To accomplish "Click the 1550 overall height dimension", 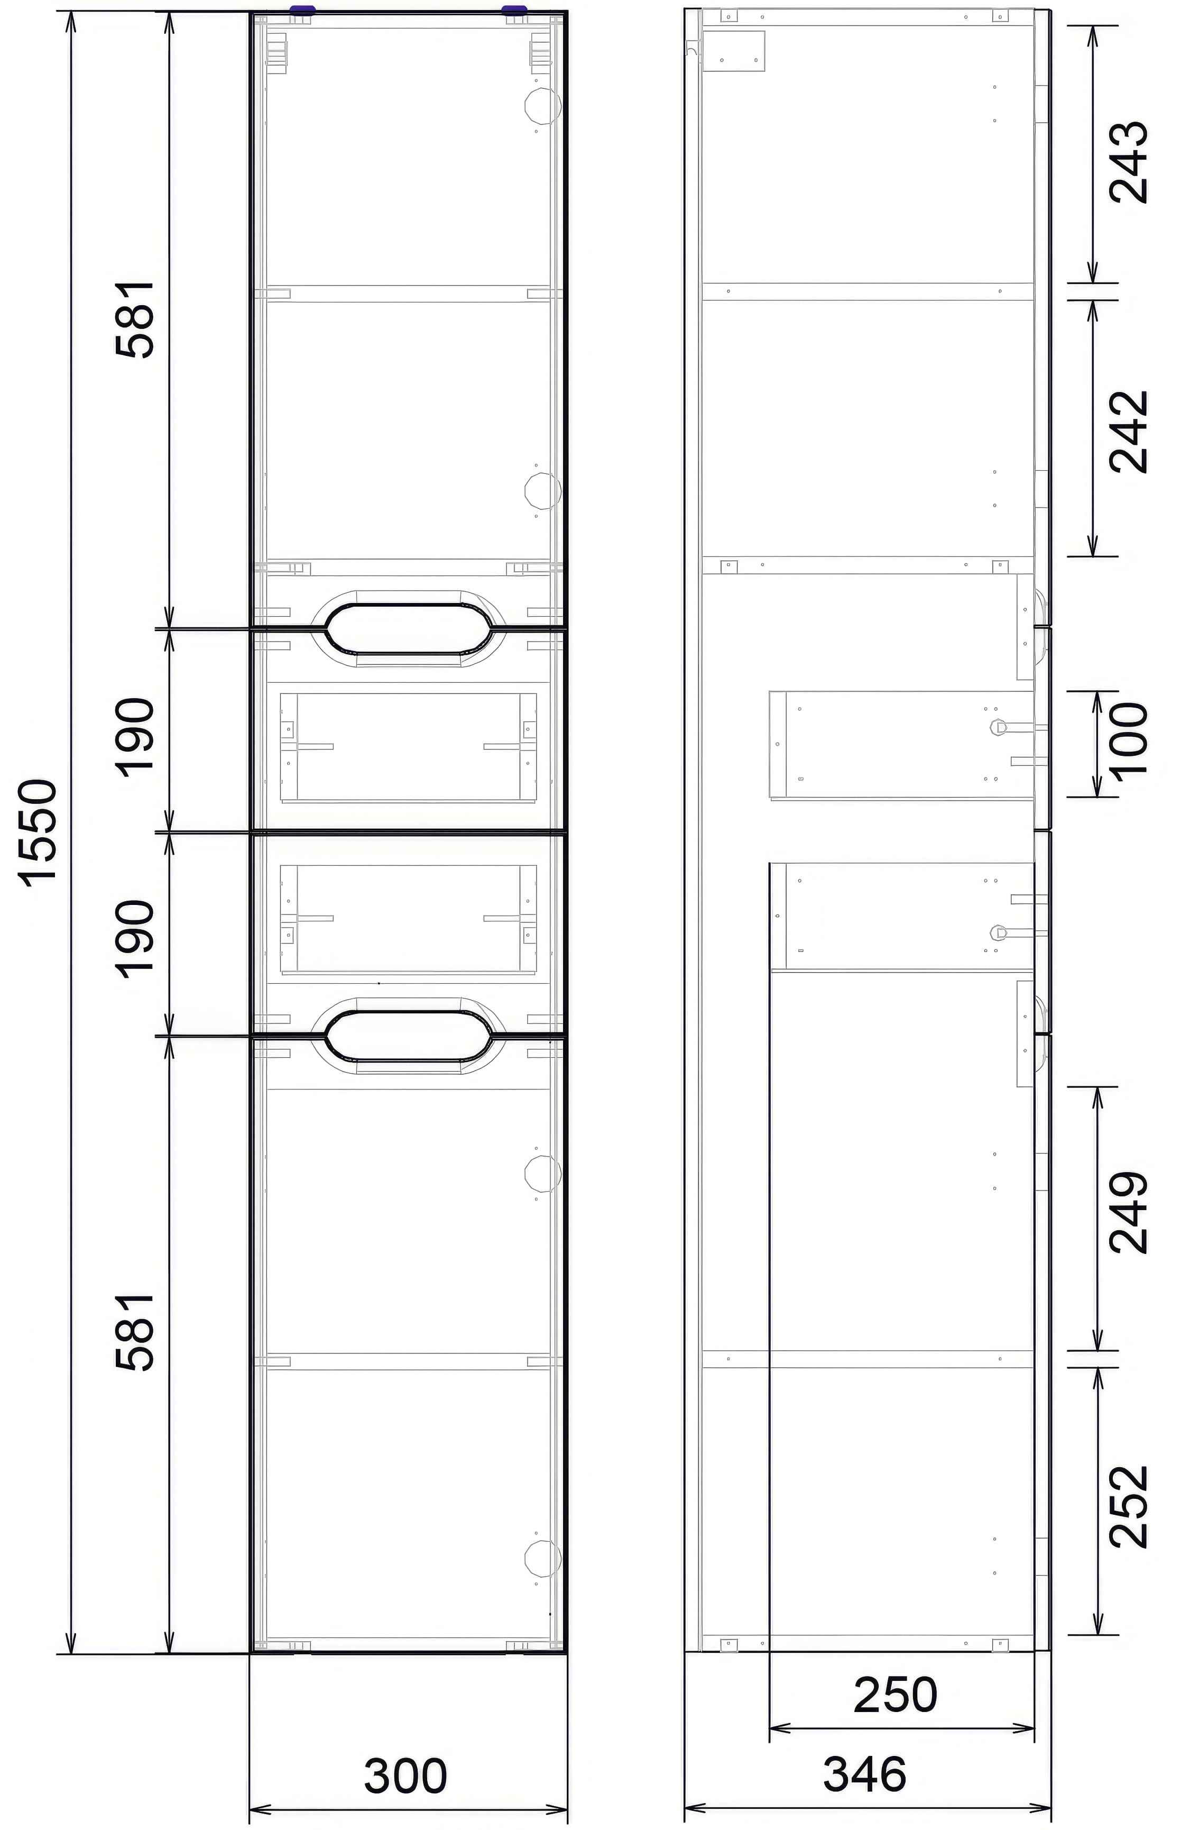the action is click(38, 833).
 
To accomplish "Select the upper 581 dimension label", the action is click(136, 319).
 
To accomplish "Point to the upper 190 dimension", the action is click(136, 737).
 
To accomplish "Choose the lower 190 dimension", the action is click(136, 939).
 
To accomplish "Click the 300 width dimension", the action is click(405, 1775).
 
